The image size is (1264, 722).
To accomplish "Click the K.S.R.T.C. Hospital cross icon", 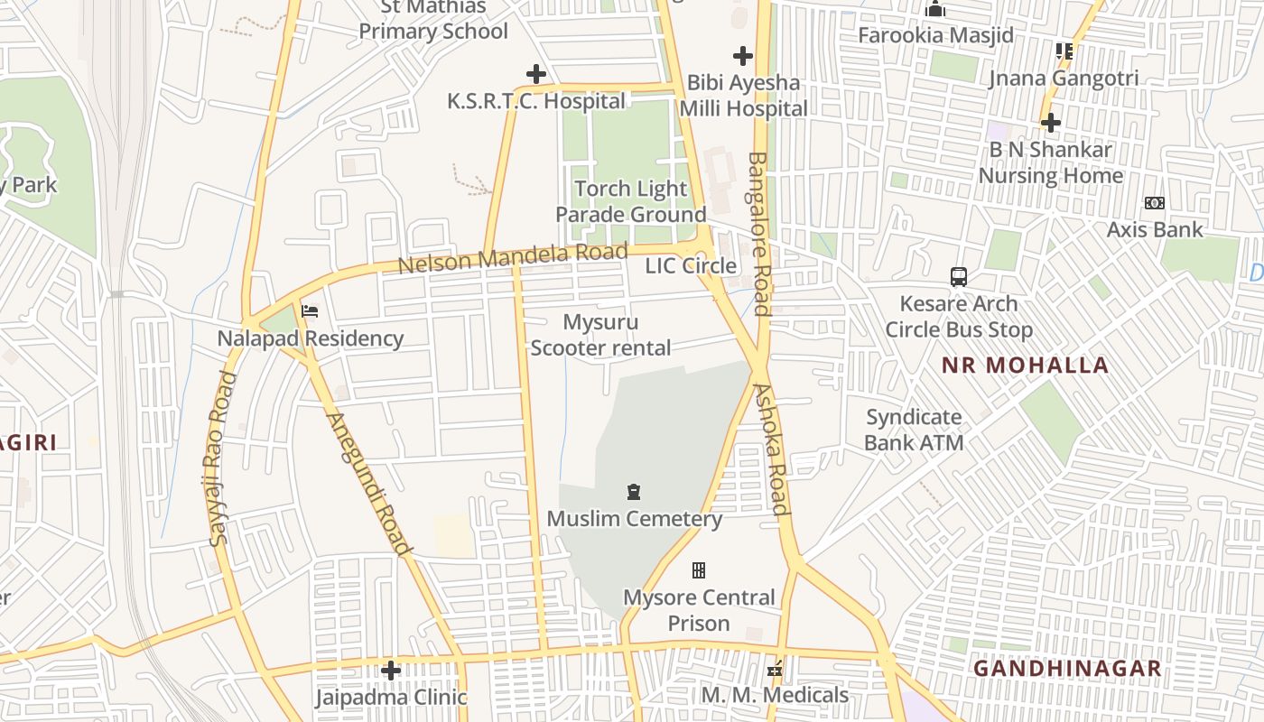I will point(536,73).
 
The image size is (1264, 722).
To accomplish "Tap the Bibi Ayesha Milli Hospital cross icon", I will point(742,56).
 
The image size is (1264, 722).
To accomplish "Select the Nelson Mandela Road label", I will point(512,258).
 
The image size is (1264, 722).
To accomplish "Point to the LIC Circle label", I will point(691,265).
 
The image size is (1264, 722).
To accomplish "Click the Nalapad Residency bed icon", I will point(310,311).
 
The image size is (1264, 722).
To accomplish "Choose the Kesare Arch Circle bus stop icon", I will point(959,276).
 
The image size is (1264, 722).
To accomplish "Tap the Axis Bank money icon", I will point(1154,203).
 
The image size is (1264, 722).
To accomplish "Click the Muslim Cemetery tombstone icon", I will point(634,492).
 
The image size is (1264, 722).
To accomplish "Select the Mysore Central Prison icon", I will point(698,570).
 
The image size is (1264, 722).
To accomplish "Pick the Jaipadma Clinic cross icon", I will point(390,670).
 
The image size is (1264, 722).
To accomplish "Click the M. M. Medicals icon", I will point(774,669).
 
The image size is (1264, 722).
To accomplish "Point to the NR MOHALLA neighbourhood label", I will point(1025,366).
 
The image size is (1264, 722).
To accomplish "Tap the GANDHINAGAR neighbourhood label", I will point(1066,669).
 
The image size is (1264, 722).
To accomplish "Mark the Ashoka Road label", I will point(772,449).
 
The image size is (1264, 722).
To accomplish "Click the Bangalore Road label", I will point(758,234).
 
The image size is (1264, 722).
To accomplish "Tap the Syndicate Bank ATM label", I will point(914,430).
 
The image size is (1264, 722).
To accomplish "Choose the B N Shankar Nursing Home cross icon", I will point(1050,122).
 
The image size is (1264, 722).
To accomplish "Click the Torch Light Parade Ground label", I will point(630,201).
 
